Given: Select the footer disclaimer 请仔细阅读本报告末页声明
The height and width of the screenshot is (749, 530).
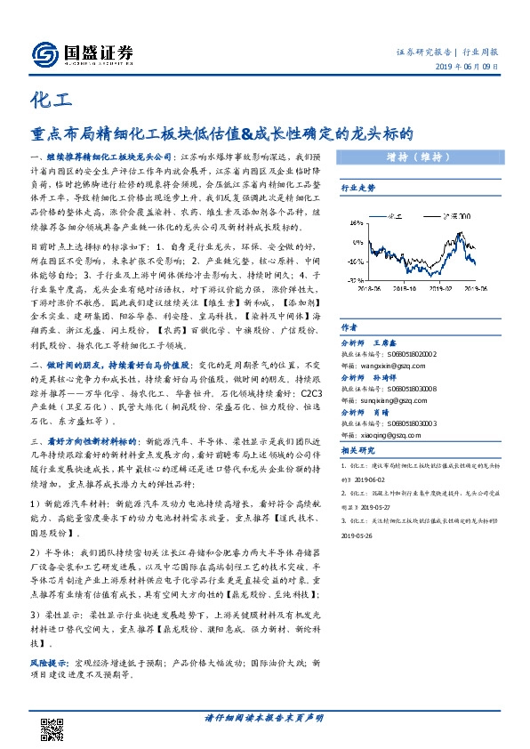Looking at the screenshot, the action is pyautogui.click(x=264, y=718).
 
